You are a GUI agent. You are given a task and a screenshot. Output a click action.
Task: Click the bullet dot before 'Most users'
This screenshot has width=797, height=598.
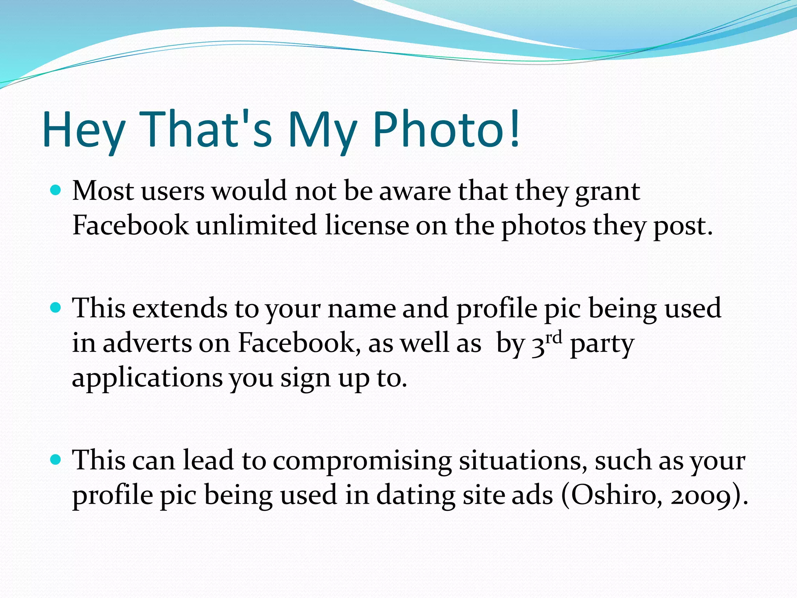[x=56, y=190]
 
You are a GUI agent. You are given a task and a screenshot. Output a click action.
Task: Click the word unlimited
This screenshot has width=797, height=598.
[x=256, y=225]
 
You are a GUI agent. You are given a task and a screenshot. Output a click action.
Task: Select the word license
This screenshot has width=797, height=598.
[x=367, y=225]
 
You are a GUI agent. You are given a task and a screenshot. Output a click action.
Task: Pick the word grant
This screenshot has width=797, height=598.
[x=607, y=192]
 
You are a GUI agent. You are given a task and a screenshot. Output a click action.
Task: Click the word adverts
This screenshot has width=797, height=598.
[x=147, y=343]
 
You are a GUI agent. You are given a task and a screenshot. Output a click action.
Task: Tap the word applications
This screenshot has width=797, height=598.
[x=147, y=378]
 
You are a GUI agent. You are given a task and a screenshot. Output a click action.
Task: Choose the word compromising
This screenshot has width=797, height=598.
[x=362, y=461]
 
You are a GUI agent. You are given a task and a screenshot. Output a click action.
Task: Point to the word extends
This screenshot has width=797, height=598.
[x=179, y=308]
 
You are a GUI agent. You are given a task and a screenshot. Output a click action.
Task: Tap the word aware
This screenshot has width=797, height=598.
[x=415, y=192]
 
